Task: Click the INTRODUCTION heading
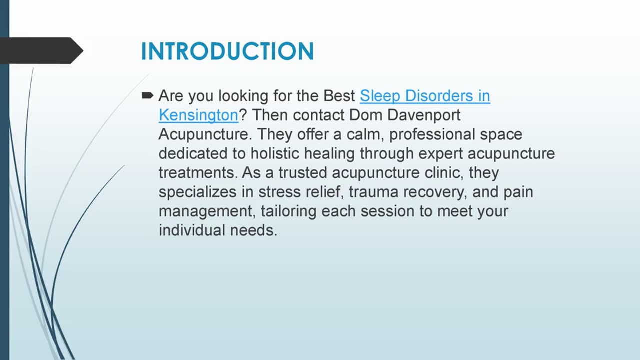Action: pos(227,51)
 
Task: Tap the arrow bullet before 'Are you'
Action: pos(147,95)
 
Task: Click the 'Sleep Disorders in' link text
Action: pos(425,96)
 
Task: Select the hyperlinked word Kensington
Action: pos(198,115)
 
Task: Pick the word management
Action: pos(207,211)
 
